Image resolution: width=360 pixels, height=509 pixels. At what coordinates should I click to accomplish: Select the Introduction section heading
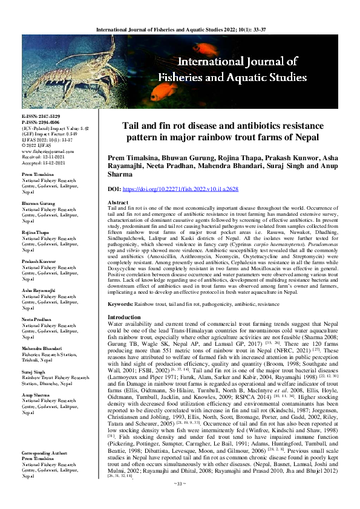[x=123, y=317]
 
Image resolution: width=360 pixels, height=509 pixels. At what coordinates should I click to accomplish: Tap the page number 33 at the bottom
[x=180, y=500]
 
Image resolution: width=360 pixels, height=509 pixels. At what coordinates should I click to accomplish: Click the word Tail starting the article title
[x=133, y=126]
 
